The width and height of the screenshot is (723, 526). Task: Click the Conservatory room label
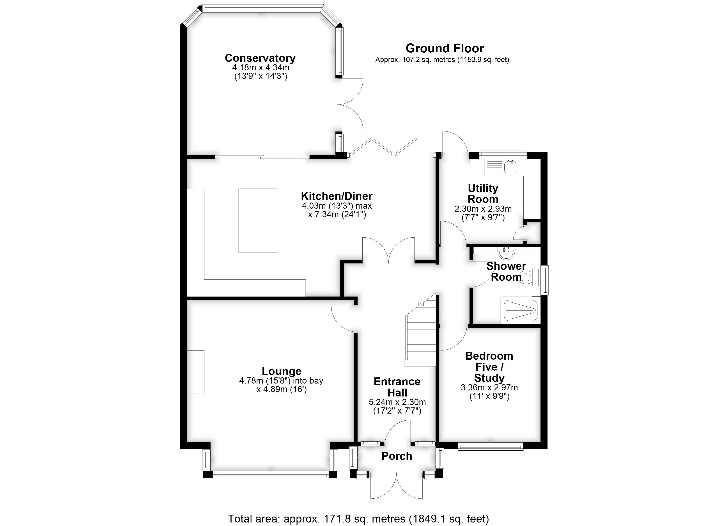click(x=260, y=58)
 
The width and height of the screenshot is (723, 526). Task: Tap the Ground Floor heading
click(x=445, y=48)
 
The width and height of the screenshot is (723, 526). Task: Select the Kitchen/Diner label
click(x=337, y=196)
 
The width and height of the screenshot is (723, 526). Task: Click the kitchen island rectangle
click(x=258, y=220)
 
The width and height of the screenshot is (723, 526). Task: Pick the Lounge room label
click(x=282, y=371)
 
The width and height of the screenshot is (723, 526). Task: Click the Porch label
click(x=397, y=456)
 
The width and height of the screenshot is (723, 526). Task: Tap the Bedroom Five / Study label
click(x=489, y=367)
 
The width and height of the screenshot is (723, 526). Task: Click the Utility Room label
click(x=483, y=194)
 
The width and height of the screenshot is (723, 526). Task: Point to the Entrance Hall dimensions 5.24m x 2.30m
click(x=397, y=402)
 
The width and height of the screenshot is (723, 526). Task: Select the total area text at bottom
click(x=358, y=519)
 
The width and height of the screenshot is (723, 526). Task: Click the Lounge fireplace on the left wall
click(x=195, y=372)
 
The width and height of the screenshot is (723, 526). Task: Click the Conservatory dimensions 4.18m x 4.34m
click(x=261, y=68)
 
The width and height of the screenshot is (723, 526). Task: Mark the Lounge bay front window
click(x=271, y=475)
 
